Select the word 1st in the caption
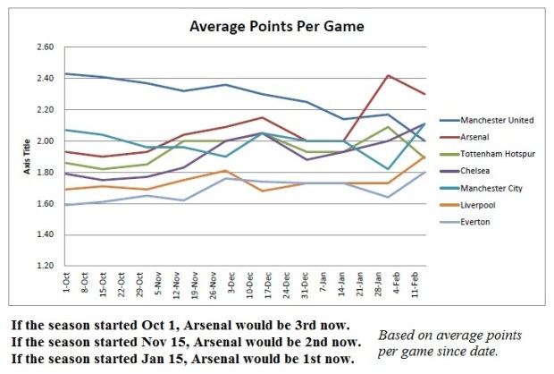[x=302, y=357]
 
